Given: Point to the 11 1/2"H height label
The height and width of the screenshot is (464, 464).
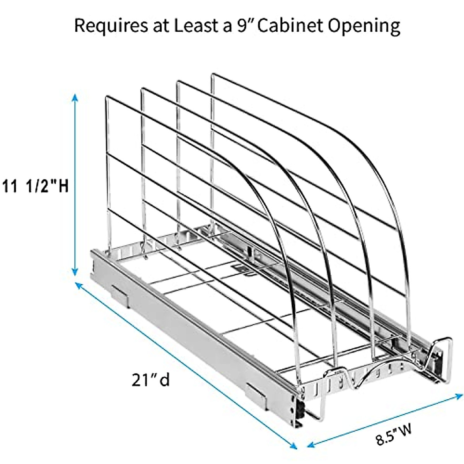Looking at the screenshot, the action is coord(35,187).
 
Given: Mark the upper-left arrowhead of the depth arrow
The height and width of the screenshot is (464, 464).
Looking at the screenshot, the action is coord(78,285).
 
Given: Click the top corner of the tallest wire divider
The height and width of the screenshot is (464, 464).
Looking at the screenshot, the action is coord(213,75).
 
